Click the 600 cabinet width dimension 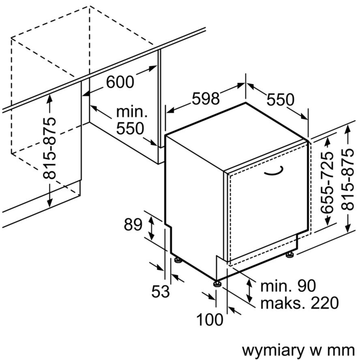point(120,82)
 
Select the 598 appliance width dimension point(206,99)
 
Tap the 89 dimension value point(133,225)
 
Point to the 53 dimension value point(161,291)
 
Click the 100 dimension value point(210,320)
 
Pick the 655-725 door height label point(328,182)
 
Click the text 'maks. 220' point(300,303)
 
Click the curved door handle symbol point(274,171)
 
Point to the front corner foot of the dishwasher point(217,283)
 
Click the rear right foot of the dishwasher point(289,255)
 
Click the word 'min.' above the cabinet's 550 point(132,112)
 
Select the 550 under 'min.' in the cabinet point(130,129)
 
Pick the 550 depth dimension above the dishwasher point(281,99)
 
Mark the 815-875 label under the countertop point(49,148)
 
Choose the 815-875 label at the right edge point(347,179)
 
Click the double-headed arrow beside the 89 point(151,228)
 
